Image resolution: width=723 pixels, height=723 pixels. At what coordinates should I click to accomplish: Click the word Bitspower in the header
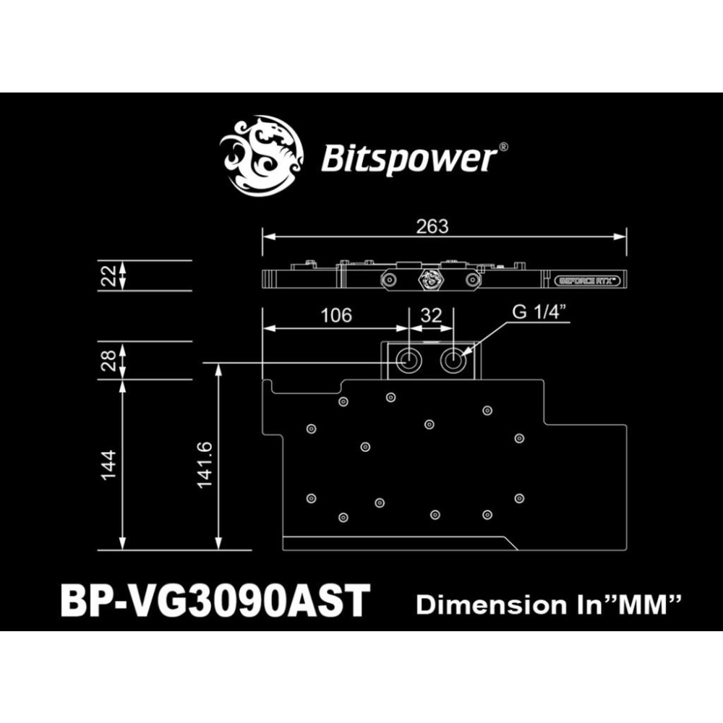coord(408,158)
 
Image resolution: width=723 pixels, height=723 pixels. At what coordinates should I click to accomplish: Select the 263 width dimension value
coord(432,226)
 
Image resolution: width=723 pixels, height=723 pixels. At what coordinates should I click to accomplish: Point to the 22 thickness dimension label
coord(108,275)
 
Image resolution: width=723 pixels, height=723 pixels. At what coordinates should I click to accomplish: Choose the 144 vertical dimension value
coord(108,466)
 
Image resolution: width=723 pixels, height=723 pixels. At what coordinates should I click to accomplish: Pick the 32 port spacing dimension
coord(431,315)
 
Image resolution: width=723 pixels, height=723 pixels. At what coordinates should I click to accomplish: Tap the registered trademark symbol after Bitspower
coord(504,147)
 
